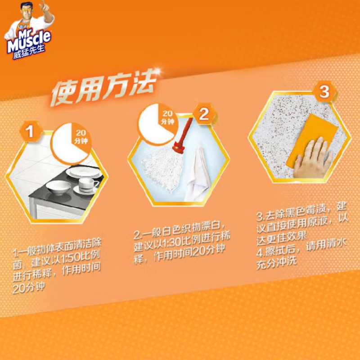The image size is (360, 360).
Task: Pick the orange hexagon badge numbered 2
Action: tap(204, 114)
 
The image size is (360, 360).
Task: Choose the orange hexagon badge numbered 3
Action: tap(324, 92)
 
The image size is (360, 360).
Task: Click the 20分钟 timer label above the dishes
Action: tap(81, 137)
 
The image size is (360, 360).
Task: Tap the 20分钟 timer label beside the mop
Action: tap(167, 117)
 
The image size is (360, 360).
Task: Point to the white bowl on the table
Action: tap(58, 187)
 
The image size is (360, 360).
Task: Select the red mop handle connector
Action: tap(179, 147)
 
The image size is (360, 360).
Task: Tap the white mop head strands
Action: tap(162, 167)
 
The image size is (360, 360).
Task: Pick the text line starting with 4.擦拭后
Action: tap(301, 247)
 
